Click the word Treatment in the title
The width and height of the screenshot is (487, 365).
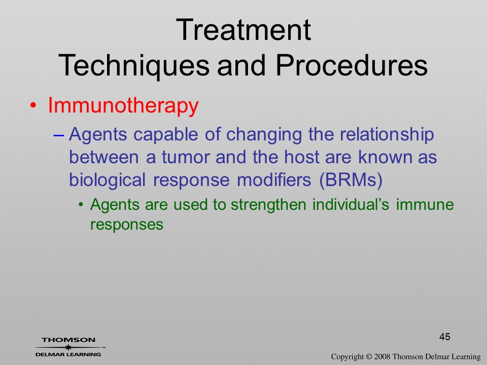pyautogui.click(x=243, y=29)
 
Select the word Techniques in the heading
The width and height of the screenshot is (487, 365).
pyautogui.click(x=134, y=65)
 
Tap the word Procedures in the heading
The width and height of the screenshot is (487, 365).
pyautogui.click(x=352, y=65)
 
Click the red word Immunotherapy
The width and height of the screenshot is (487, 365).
pyautogui.click(x=123, y=106)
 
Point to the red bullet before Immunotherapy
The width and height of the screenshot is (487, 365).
pyautogui.click(x=33, y=106)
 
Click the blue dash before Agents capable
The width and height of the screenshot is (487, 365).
pyautogui.click(x=59, y=135)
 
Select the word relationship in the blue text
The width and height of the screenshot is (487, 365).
pyautogui.click(x=387, y=135)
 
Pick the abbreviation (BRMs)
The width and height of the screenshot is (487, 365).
pyautogui.click(x=351, y=179)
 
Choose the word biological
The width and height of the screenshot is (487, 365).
pyautogui.click(x=107, y=180)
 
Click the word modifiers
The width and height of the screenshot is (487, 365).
pyautogui.click(x=274, y=179)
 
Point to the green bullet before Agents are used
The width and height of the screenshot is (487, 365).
pyautogui.click(x=81, y=205)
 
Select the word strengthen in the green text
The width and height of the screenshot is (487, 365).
pyautogui.click(x=268, y=205)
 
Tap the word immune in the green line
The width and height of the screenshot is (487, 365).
pyautogui.click(x=425, y=204)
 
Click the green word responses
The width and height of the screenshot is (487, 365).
pyautogui.click(x=127, y=225)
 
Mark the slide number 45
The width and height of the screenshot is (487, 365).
pyautogui.click(x=445, y=337)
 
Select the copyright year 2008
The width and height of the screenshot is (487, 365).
pyautogui.click(x=381, y=356)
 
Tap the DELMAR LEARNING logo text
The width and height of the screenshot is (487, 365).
pyautogui.click(x=68, y=354)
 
